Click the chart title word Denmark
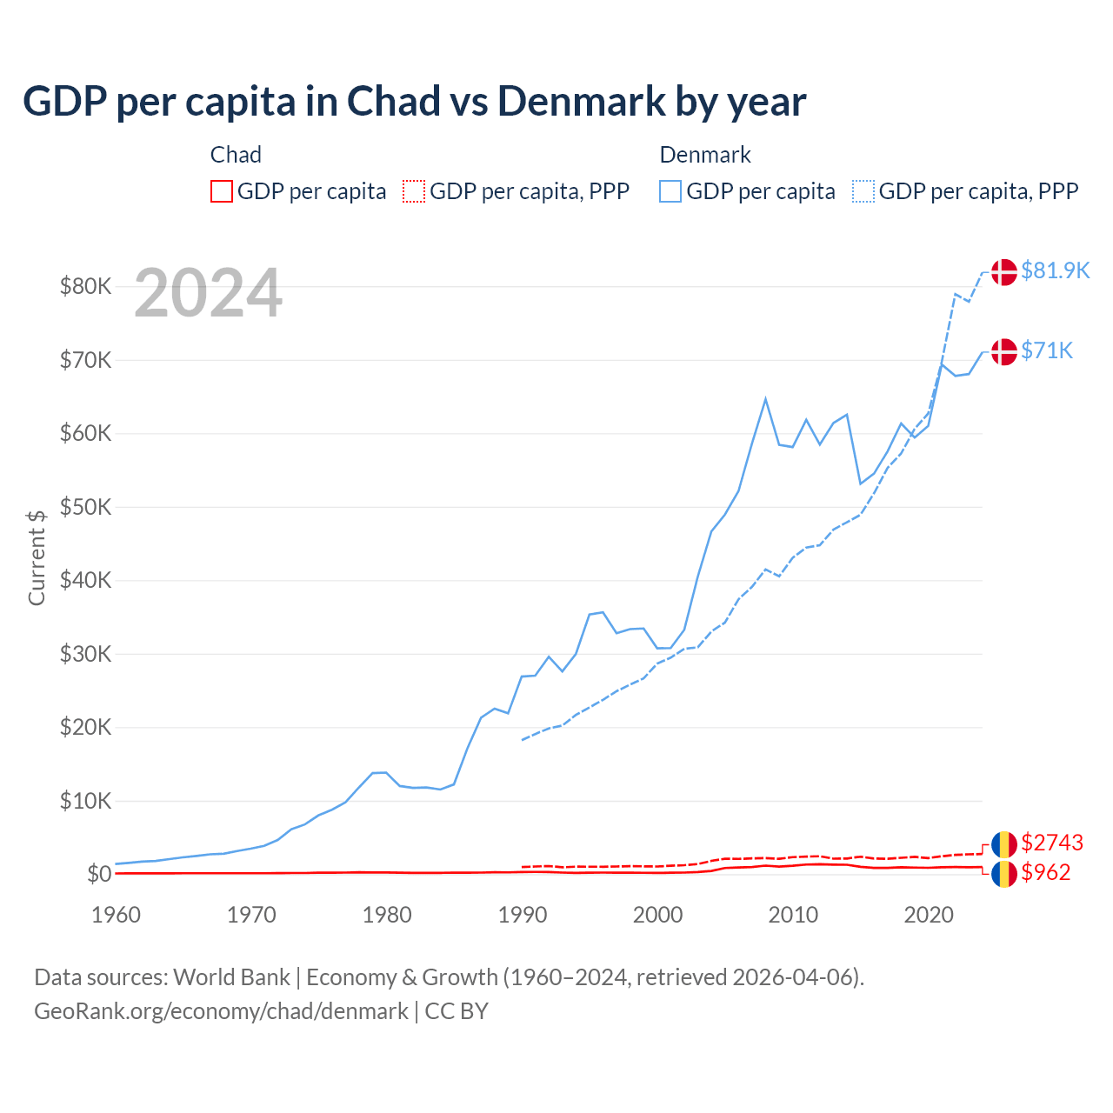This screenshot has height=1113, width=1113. coord(580,102)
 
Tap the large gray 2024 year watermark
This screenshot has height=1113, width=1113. coord(208,294)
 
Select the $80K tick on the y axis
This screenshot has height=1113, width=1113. coord(85,286)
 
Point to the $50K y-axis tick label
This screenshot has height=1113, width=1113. coord(85,507)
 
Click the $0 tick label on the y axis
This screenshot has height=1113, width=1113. coord(99,874)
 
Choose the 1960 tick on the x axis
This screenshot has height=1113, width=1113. coord(116,915)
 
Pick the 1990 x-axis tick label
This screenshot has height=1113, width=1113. coord(523,915)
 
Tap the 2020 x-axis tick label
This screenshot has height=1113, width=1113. coord(929,915)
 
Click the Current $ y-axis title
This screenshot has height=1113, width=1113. coord(37,557)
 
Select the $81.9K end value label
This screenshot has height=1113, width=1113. coord(1055,270)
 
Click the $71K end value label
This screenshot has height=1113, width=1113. coord(1047,350)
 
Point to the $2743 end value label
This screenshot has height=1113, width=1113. coord(1052,843)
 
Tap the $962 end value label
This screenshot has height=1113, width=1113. coord(1046,872)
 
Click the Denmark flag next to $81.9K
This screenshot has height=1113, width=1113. coord(1004,271)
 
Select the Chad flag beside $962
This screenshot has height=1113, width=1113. coord(1004,874)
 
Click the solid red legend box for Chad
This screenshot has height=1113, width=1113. coord(222,191)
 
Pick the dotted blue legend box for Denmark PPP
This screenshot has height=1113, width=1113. coord(863,191)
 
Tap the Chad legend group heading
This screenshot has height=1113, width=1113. coord(236,155)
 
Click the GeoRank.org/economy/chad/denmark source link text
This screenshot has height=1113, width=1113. coord(221,1011)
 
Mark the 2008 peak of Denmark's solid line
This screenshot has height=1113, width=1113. coord(765,399)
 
